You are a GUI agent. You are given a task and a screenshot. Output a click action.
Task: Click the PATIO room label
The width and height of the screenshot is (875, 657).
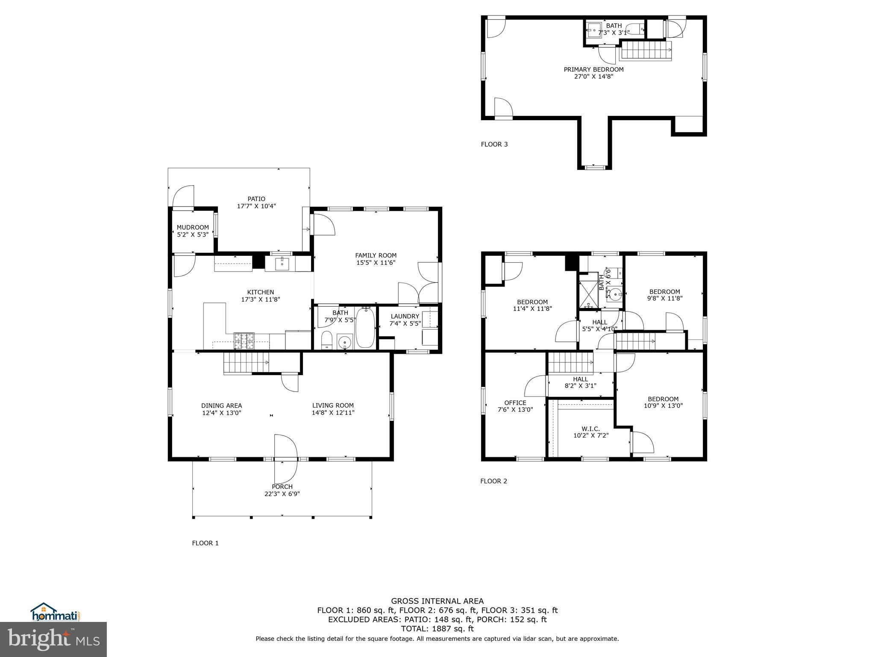click(256, 199)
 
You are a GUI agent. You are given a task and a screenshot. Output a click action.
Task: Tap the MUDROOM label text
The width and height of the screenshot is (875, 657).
click(193, 228)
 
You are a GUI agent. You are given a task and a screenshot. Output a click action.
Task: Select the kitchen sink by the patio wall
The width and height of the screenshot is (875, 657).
click(282, 263)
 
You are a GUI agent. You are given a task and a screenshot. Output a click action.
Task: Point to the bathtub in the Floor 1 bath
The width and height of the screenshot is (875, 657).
click(365, 328)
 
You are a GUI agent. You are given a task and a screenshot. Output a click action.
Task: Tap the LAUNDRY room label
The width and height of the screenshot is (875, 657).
click(405, 317)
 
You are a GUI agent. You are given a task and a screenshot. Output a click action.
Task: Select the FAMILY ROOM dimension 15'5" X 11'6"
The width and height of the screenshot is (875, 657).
click(376, 263)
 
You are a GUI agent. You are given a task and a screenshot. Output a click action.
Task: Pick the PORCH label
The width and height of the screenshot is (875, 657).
click(282, 487)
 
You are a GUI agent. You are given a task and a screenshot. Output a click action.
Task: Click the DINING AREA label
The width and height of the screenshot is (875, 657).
click(221, 405)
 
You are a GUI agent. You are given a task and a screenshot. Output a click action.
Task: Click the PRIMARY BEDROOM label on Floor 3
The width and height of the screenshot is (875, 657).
click(593, 69)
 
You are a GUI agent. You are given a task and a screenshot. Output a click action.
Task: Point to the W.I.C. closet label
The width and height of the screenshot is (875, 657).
click(590, 429)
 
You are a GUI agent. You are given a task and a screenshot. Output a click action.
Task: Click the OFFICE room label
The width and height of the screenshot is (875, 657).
click(515, 402)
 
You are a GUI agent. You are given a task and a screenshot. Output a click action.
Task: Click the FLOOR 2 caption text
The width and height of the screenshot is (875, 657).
click(493, 481)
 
